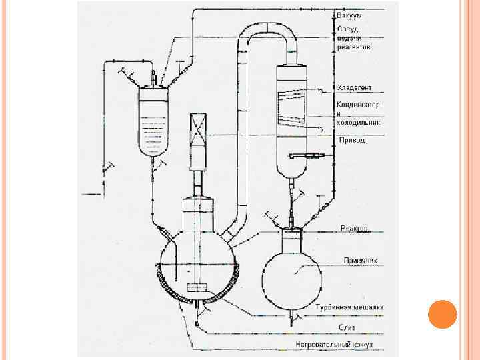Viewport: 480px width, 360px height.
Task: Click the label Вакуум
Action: [350, 15]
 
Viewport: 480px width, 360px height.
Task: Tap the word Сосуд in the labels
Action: [347, 29]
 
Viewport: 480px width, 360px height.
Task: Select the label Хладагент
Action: [355, 88]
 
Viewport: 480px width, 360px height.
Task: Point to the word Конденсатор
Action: [358, 105]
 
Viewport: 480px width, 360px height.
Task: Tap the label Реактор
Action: [354, 229]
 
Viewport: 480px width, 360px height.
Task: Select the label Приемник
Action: [360, 260]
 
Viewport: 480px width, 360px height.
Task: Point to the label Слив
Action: [347, 327]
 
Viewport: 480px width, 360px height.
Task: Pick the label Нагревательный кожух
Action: [335, 344]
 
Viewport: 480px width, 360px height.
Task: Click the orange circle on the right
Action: [442, 314]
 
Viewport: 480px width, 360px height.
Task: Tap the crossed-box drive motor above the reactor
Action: [199, 133]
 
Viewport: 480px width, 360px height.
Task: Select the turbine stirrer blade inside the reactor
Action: [198, 288]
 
